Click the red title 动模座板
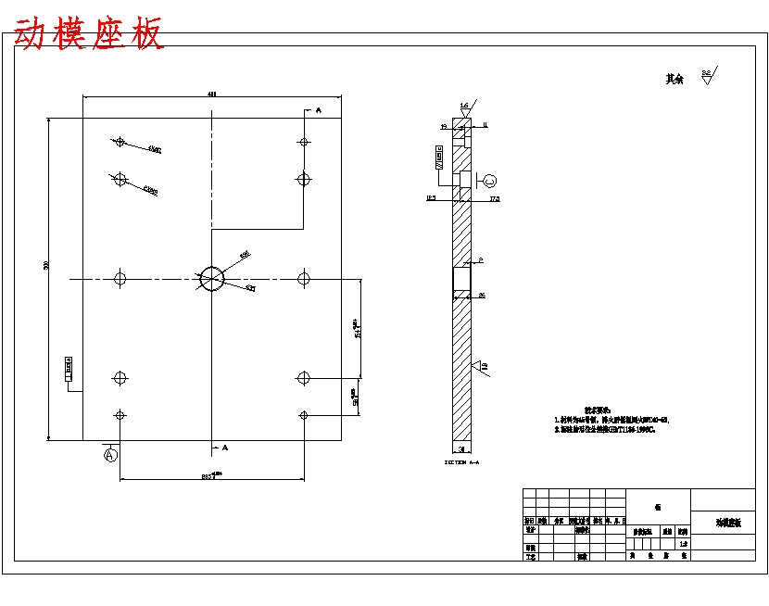click(x=89, y=34)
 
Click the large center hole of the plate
click(x=212, y=277)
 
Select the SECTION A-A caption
click(x=461, y=461)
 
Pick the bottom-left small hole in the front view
click(x=120, y=414)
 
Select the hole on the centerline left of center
click(x=120, y=277)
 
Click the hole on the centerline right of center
click(x=303, y=277)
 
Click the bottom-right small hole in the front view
click(x=303, y=414)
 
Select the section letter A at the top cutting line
click(x=318, y=110)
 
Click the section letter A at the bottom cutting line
click(x=225, y=447)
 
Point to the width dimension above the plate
click(x=212, y=94)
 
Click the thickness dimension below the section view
click(x=461, y=448)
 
